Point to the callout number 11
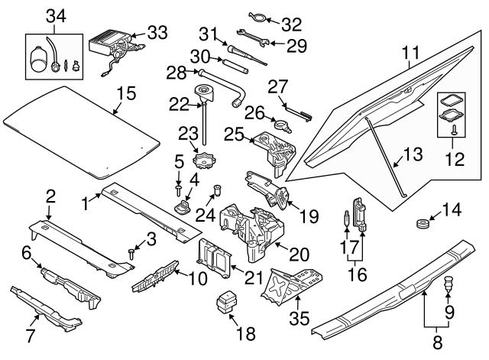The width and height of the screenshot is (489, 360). click(x=411, y=54)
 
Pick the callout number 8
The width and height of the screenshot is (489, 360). click(x=438, y=345)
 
